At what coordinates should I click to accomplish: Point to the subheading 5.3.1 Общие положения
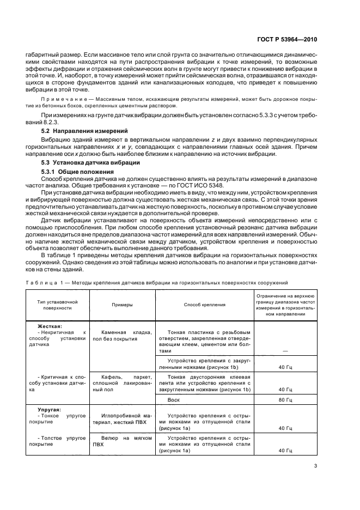[75, 172]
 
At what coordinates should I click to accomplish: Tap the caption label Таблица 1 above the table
[44, 282]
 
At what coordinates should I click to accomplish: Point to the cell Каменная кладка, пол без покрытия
[122, 335]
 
